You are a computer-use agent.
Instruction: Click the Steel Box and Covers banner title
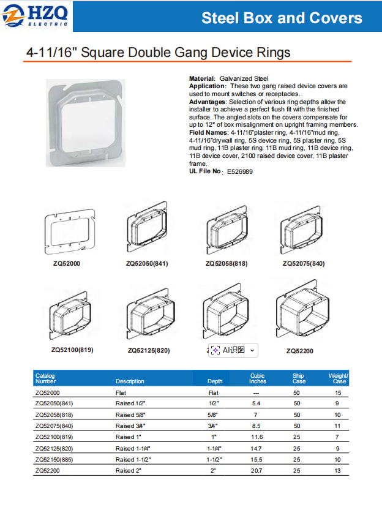(x=282, y=18)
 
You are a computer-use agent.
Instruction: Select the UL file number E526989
(x=239, y=172)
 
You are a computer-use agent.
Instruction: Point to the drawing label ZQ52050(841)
(x=147, y=264)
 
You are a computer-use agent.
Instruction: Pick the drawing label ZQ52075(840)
(x=304, y=264)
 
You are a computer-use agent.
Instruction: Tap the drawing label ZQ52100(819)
(x=72, y=350)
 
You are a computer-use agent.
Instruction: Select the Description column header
(x=130, y=381)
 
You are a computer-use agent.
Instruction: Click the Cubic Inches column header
(x=258, y=378)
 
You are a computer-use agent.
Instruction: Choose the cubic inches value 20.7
(x=257, y=471)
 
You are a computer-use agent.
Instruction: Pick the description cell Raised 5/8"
(x=129, y=414)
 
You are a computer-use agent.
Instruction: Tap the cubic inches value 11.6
(x=257, y=437)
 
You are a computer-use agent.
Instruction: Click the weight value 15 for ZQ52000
(x=338, y=392)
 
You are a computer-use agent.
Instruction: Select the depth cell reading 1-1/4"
(x=214, y=448)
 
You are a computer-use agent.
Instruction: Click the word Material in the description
(x=201, y=79)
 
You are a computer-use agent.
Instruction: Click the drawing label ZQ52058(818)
(x=227, y=264)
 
